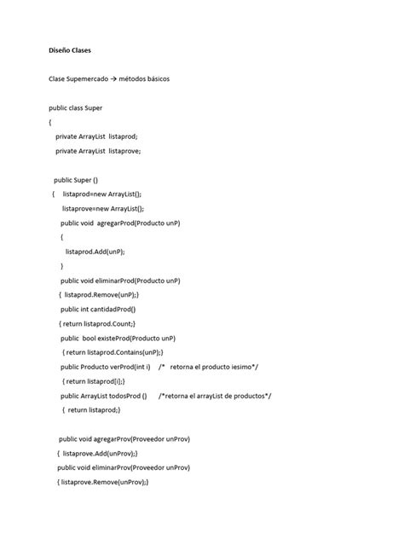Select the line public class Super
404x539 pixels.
[x=76, y=108]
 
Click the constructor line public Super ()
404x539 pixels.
[x=76, y=180]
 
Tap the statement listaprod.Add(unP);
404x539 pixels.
[x=95, y=252]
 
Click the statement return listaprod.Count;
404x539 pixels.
[x=99, y=324]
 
